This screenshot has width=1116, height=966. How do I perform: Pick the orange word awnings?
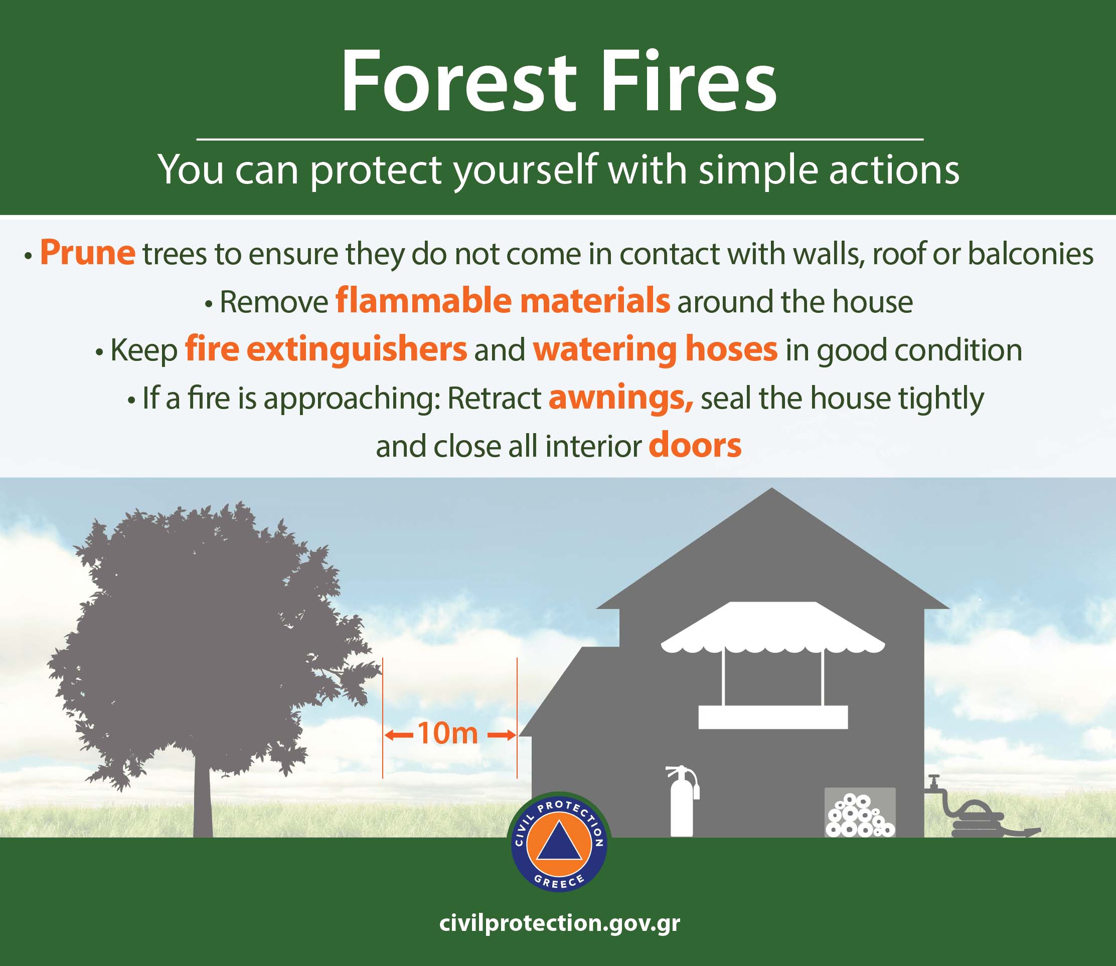621,398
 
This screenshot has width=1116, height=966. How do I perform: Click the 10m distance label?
448,733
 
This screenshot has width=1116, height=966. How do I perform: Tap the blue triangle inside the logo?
559,842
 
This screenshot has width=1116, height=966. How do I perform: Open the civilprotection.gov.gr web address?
559,922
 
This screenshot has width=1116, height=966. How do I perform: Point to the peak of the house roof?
772,488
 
